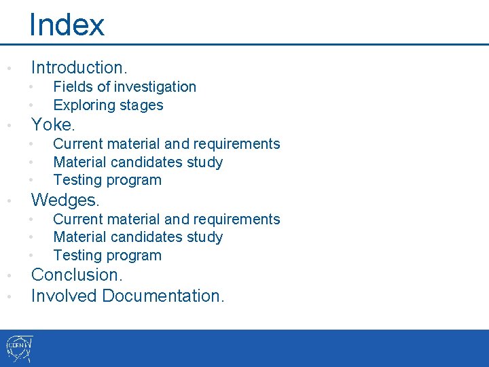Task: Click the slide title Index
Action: point(67,25)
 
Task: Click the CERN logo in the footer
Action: point(18,349)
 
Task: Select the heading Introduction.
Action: point(79,67)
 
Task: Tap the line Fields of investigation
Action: point(124,87)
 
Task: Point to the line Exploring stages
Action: point(108,105)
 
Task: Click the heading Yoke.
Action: point(53,125)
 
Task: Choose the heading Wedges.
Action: point(65,200)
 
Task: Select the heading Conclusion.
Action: point(77,275)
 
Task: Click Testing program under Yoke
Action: point(107,180)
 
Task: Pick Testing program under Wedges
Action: point(107,256)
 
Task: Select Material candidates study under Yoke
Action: point(138,162)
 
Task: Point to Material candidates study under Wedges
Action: point(138,237)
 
